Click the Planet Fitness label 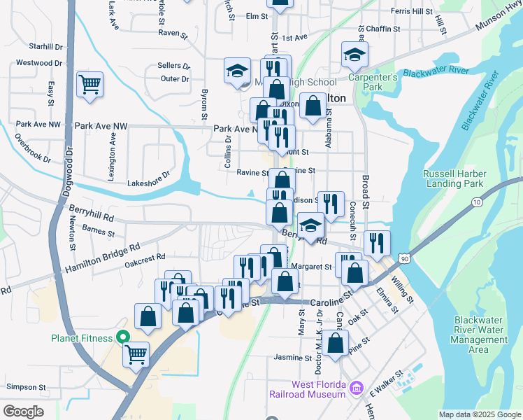coord(81,338)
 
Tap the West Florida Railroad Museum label coord(307,389)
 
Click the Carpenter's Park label coord(378,81)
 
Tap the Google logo coord(23,412)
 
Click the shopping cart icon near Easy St coord(90,85)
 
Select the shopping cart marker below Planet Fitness coord(136,353)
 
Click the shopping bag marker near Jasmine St coord(336,344)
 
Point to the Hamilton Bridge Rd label coord(103,258)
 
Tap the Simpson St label coord(26,386)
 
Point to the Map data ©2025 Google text coord(480,414)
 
